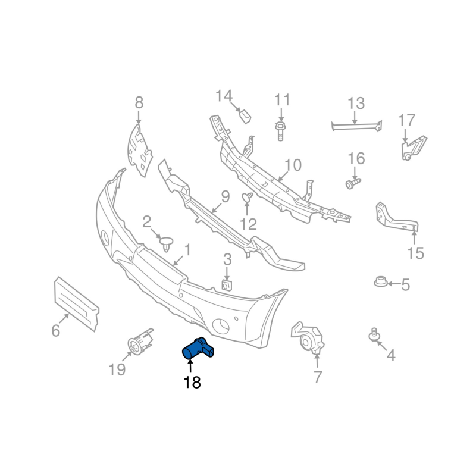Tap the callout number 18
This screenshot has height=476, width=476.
[192, 383]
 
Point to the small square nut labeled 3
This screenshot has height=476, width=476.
[227, 284]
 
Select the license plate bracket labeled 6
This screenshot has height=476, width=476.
[76, 303]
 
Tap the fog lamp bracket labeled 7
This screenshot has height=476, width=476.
[309, 339]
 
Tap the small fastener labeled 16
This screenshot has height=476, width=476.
[352, 183]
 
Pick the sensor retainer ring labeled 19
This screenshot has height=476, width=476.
[139, 344]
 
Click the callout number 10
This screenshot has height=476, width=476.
[293, 165]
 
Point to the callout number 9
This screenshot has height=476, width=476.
[225, 196]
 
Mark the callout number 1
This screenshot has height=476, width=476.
[187, 249]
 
